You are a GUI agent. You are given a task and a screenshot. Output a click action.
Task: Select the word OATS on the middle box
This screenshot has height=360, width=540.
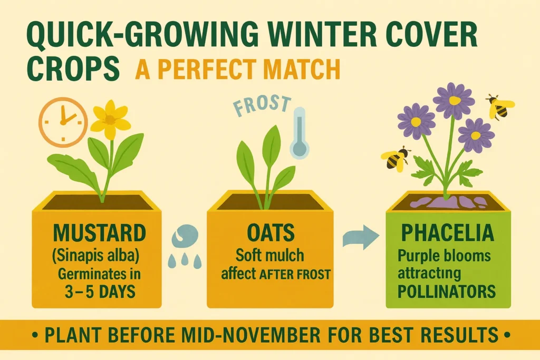point(269,233)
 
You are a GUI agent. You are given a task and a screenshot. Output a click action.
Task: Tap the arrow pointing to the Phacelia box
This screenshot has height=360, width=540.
point(361,238)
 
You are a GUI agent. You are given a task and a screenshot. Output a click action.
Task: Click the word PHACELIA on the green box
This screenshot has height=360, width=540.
point(448,232)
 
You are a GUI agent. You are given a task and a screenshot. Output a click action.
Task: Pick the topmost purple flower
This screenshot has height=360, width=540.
point(454,100)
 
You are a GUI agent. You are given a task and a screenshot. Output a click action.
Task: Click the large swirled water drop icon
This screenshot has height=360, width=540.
point(185,236)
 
